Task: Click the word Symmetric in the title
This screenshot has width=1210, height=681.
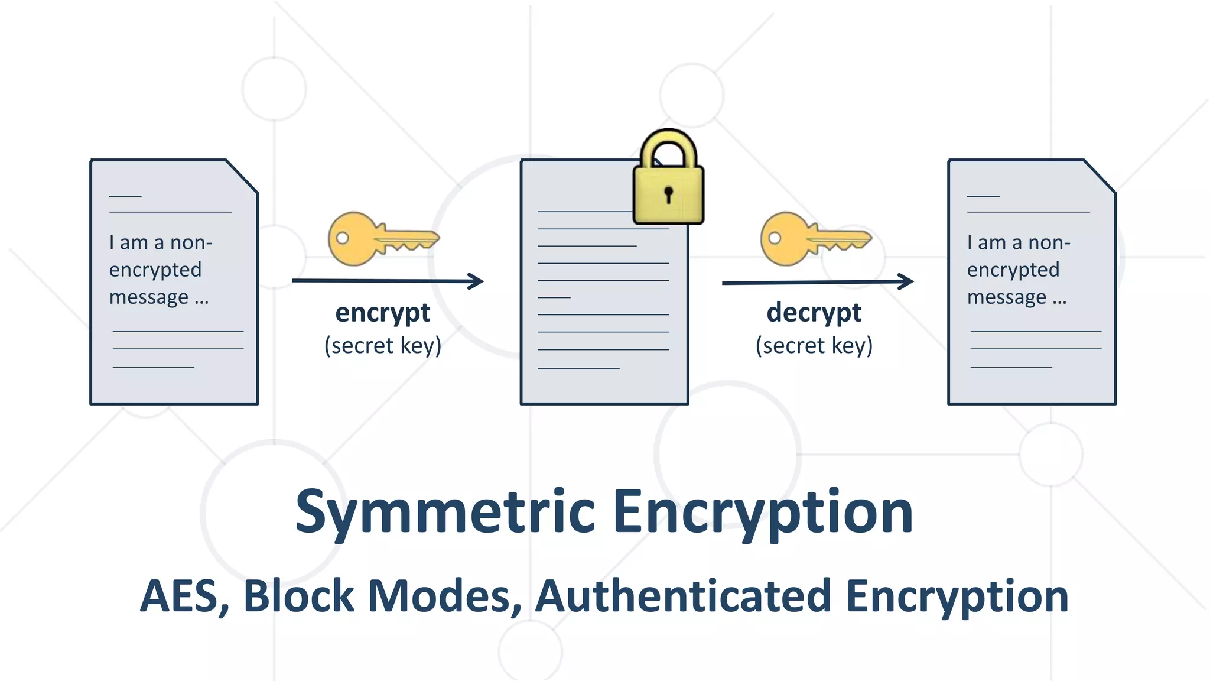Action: (x=444, y=512)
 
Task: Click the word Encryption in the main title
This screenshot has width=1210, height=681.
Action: (x=763, y=512)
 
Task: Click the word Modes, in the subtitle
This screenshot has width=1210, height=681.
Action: (x=444, y=596)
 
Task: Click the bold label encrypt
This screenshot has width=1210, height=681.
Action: (x=383, y=313)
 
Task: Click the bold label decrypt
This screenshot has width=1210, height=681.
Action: (x=814, y=313)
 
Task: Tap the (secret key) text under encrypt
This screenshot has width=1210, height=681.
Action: (x=383, y=345)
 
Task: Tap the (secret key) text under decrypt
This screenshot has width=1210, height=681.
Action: (x=814, y=345)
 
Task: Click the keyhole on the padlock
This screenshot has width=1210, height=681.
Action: (x=668, y=194)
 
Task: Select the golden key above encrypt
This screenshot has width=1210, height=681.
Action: (x=383, y=239)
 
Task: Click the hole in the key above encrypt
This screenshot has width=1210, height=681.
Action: (x=342, y=238)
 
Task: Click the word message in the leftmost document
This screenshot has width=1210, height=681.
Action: (x=149, y=297)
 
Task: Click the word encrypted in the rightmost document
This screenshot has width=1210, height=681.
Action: (x=1013, y=270)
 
